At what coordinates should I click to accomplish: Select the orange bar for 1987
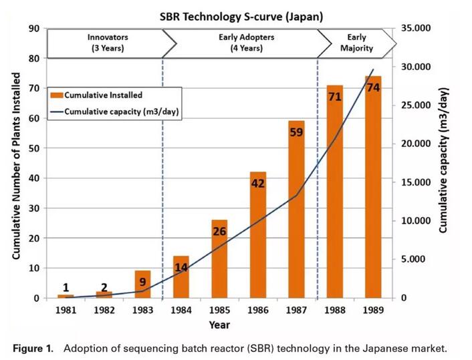296,214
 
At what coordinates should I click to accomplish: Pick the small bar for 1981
66,296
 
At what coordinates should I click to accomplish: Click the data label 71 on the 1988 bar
335,97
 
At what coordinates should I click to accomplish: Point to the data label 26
219,232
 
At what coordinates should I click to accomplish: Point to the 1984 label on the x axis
181,311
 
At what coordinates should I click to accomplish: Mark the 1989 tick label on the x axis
373,311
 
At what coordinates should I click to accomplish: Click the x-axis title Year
219,325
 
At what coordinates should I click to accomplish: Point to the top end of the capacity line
373,69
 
